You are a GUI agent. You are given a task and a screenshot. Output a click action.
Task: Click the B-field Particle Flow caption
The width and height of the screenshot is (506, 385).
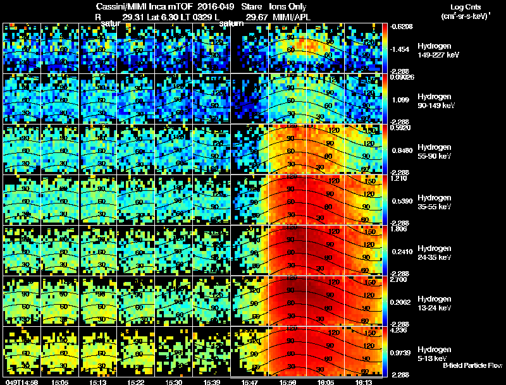pos(472,365)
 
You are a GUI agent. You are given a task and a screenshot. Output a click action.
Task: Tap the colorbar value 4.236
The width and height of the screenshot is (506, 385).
pos(399,330)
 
